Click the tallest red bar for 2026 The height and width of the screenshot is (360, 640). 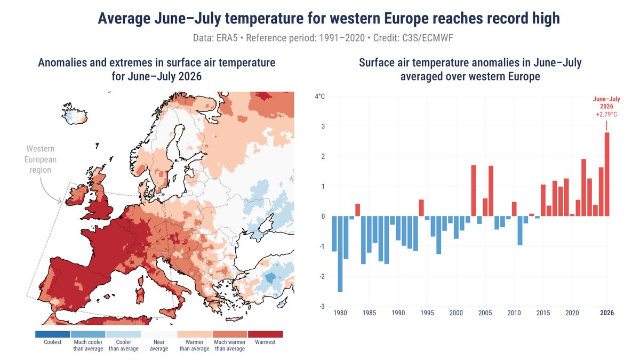[x=607, y=174]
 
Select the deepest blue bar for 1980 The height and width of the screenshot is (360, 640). [x=340, y=254]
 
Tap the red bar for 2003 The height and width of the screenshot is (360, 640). [x=474, y=190]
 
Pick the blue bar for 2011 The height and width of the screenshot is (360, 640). [x=520, y=230]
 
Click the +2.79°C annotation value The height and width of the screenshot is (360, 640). [x=606, y=115]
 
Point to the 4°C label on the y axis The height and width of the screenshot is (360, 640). [x=319, y=97]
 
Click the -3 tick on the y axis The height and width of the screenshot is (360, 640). [x=322, y=306]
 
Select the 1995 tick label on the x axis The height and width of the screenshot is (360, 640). [x=427, y=313]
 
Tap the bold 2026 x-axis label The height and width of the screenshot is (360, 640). [x=607, y=313]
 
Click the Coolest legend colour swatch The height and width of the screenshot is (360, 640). [x=53, y=334]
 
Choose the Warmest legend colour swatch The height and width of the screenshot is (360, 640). [x=266, y=334]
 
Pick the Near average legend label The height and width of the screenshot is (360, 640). [x=159, y=345]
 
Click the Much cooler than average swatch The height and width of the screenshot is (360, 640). [x=88, y=334]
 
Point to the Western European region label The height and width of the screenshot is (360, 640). [x=41, y=159]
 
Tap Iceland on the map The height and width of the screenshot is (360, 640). [x=75, y=114]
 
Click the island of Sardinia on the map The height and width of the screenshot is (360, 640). [x=140, y=295]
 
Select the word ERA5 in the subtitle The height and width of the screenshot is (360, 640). [x=227, y=38]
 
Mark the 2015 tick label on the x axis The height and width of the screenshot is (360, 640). [x=543, y=313]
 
